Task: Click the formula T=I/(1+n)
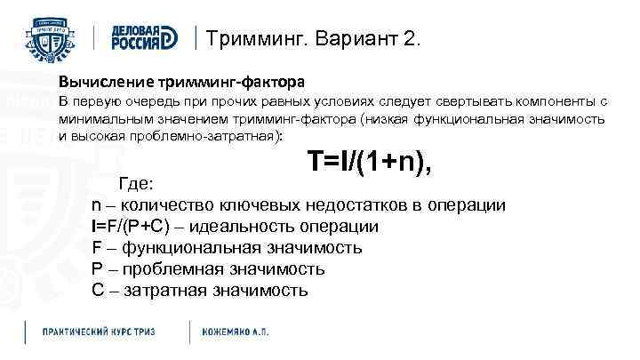371,162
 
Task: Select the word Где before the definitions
136,184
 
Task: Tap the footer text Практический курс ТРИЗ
99,332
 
